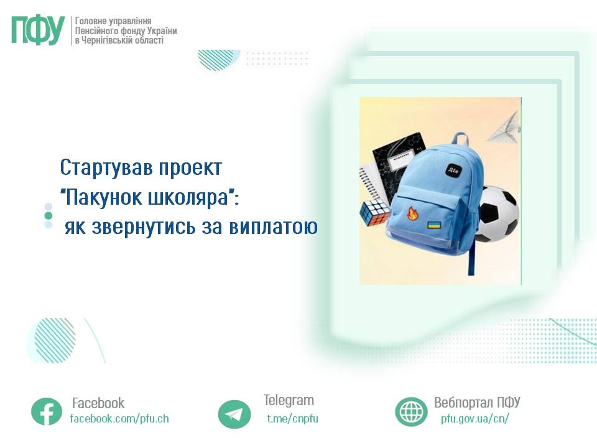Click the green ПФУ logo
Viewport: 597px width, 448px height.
(x=38, y=30)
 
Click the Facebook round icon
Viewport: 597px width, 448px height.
(x=47, y=411)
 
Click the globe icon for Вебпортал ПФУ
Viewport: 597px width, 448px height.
(x=411, y=411)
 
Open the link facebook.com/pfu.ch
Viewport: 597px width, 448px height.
(x=119, y=418)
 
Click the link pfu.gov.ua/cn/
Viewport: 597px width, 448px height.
(x=474, y=418)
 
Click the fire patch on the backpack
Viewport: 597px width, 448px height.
(x=412, y=215)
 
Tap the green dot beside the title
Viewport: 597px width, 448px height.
(x=48, y=215)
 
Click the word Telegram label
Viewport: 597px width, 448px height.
(x=289, y=400)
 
